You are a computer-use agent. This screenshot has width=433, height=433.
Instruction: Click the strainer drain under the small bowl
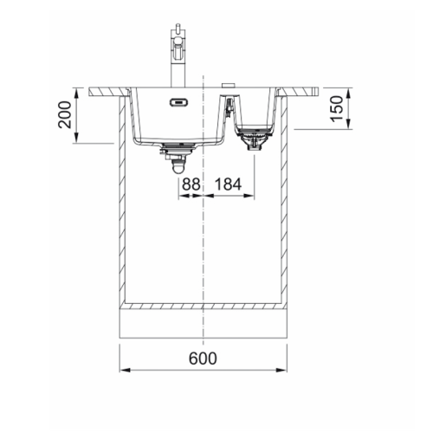[255, 139]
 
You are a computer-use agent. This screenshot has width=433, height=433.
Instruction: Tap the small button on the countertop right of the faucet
[229, 82]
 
